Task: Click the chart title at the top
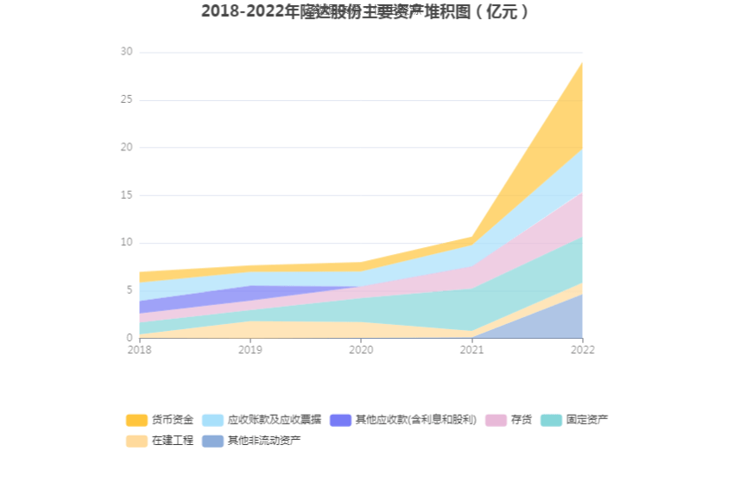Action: point(366,12)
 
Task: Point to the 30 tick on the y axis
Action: point(127,52)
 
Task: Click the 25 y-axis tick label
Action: point(127,99)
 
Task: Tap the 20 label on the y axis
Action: point(127,147)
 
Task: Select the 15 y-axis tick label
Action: point(127,195)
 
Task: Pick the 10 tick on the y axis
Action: point(127,243)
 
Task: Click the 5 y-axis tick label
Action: point(130,290)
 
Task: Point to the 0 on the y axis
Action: point(130,338)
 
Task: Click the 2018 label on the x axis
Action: point(139,350)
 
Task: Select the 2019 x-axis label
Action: point(250,350)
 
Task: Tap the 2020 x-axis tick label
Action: point(361,350)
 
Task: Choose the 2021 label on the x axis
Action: point(471,350)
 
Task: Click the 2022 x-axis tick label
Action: point(582,350)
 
